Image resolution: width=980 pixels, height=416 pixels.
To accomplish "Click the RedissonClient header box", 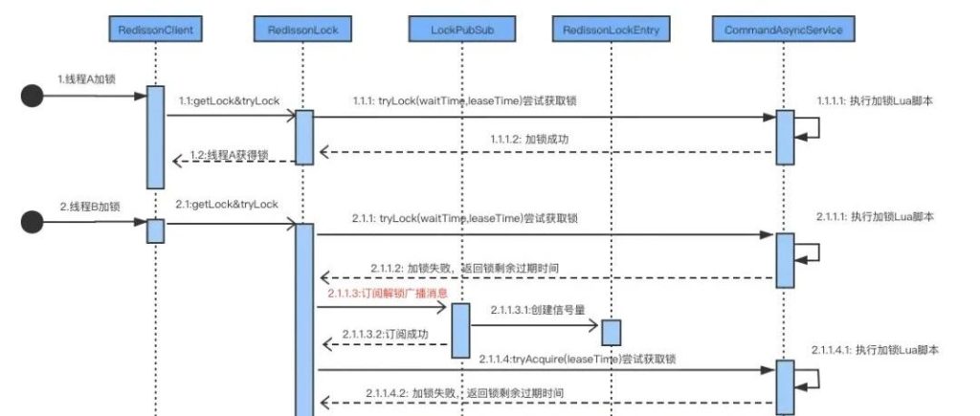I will pyautogui.click(x=154, y=32).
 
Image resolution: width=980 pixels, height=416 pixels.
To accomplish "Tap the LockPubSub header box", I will pyautogui.click(x=459, y=32).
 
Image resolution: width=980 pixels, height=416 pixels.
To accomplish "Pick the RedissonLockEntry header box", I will pyautogui.click(x=610, y=32).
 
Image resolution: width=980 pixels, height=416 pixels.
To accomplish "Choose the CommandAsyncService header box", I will pyautogui.click(x=783, y=32).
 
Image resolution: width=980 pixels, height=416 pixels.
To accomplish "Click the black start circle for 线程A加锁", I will pyautogui.click(x=34, y=96).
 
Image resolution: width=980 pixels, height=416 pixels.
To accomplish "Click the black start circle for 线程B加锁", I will pyautogui.click(x=34, y=224).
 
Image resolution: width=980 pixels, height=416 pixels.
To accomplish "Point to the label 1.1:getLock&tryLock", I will pyautogui.click(x=227, y=100).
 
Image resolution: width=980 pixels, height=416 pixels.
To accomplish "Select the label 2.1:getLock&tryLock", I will pyautogui.click(x=227, y=205).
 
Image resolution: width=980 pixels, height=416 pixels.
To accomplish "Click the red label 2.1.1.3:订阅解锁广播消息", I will pyautogui.click(x=388, y=293).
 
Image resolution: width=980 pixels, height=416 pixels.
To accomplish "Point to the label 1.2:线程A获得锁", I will pyautogui.click(x=230, y=154).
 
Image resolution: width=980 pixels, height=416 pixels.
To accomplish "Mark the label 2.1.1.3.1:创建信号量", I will pyautogui.click(x=537, y=312).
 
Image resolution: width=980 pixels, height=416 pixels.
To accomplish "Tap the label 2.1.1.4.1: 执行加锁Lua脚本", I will pyautogui.click(x=875, y=350).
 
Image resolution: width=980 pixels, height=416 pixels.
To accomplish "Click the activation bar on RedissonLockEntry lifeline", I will pyautogui.click(x=610, y=332).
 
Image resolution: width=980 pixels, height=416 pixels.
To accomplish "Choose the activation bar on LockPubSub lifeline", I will pyautogui.click(x=459, y=329).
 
